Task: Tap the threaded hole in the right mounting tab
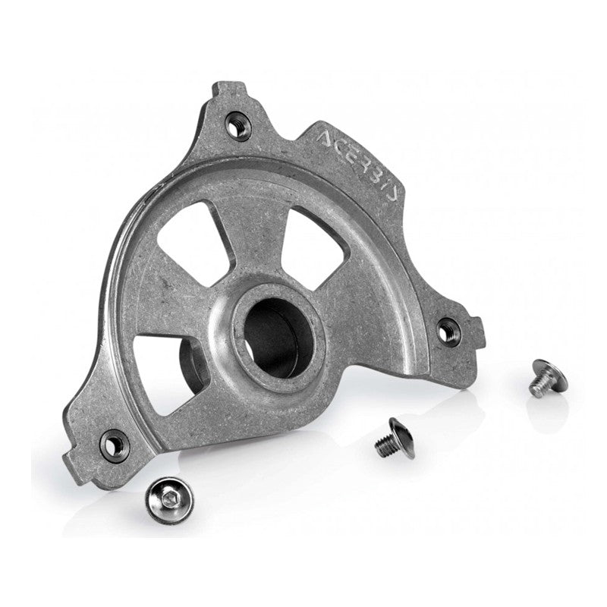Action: (x=448, y=329)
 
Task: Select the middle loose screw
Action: (x=393, y=438)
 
